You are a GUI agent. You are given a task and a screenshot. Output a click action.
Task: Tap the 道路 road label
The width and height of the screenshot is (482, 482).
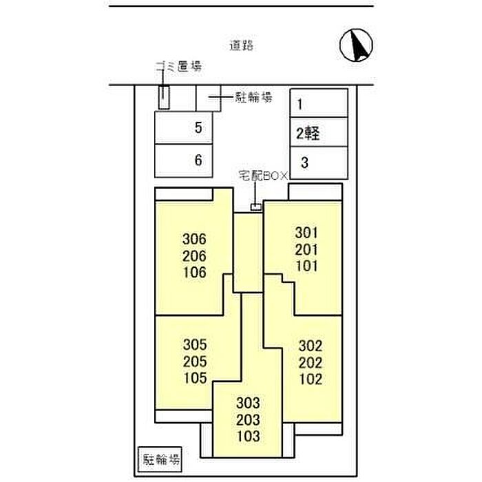(242, 46)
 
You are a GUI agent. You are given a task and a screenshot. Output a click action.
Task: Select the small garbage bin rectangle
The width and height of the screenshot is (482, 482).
(164, 97)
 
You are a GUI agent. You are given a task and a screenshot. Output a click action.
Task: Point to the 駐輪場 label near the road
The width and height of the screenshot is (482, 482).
(251, 98)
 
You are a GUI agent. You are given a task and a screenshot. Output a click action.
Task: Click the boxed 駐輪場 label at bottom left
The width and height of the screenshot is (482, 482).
(162, 459)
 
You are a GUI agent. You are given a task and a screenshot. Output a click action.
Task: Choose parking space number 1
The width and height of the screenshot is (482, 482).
(300, 105)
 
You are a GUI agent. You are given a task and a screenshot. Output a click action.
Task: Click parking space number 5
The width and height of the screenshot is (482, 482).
(198, 127)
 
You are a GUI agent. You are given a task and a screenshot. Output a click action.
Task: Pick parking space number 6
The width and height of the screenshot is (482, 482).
(198, 160)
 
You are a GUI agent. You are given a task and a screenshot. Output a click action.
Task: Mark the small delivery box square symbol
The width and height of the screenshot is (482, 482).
(255, 207)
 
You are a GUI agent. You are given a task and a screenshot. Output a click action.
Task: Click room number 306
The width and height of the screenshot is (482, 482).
(195, 240)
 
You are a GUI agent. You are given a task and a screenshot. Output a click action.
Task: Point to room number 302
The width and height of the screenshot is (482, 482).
(311, 347)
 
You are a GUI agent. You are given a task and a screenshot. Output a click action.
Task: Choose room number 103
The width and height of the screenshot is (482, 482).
(247, 435)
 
